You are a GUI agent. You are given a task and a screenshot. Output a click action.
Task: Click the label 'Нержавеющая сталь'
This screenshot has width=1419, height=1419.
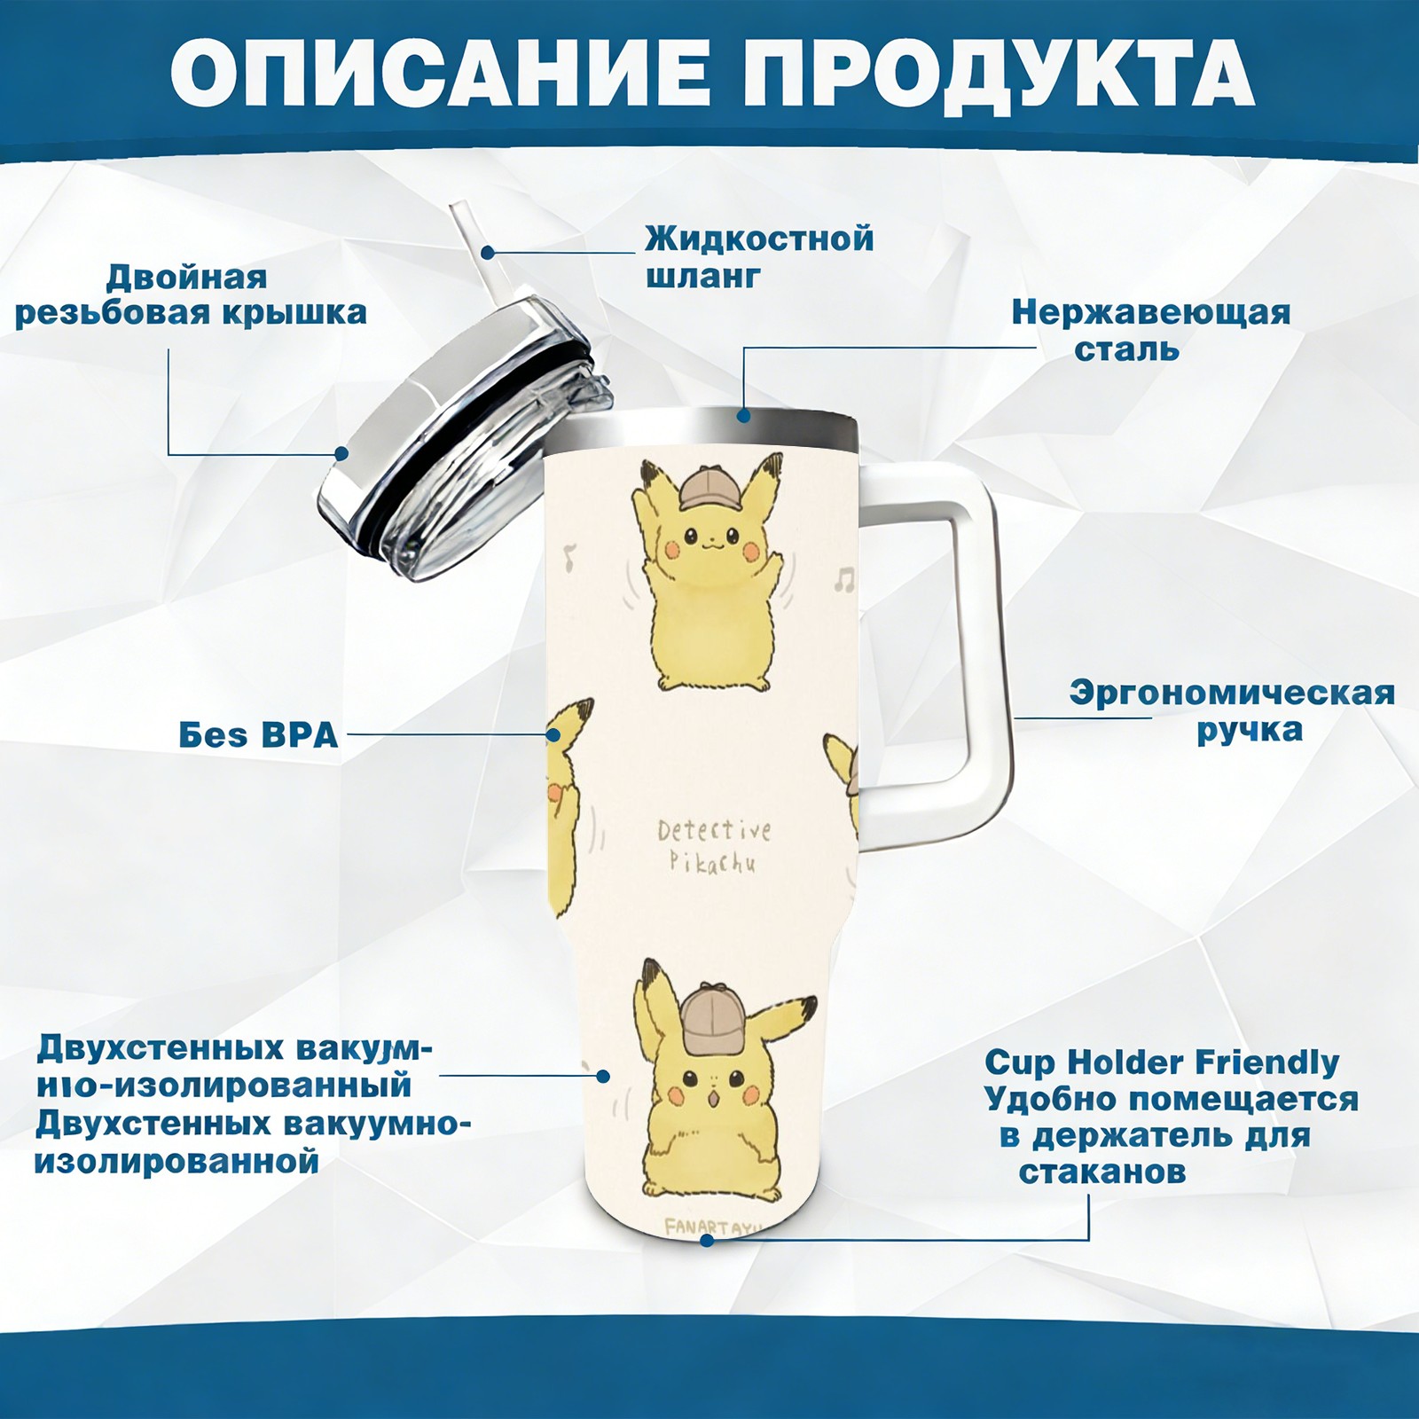[1150, 330]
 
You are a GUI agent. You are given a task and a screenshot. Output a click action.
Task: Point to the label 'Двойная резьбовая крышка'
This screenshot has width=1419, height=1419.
[191, 294]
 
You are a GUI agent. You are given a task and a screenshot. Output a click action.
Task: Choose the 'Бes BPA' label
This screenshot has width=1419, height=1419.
[259, 734]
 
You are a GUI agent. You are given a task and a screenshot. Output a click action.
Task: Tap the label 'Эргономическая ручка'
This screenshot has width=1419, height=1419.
[1232, 711]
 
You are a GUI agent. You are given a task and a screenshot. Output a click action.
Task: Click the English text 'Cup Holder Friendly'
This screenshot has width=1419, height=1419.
[1162, 1062]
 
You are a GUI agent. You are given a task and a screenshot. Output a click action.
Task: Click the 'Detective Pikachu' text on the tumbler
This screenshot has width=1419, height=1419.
[713, 846]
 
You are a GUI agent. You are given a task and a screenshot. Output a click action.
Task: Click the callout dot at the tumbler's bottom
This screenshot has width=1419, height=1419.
[707, 1240]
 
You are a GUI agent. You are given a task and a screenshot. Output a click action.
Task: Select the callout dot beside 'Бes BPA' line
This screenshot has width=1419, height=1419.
[553, 734]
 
